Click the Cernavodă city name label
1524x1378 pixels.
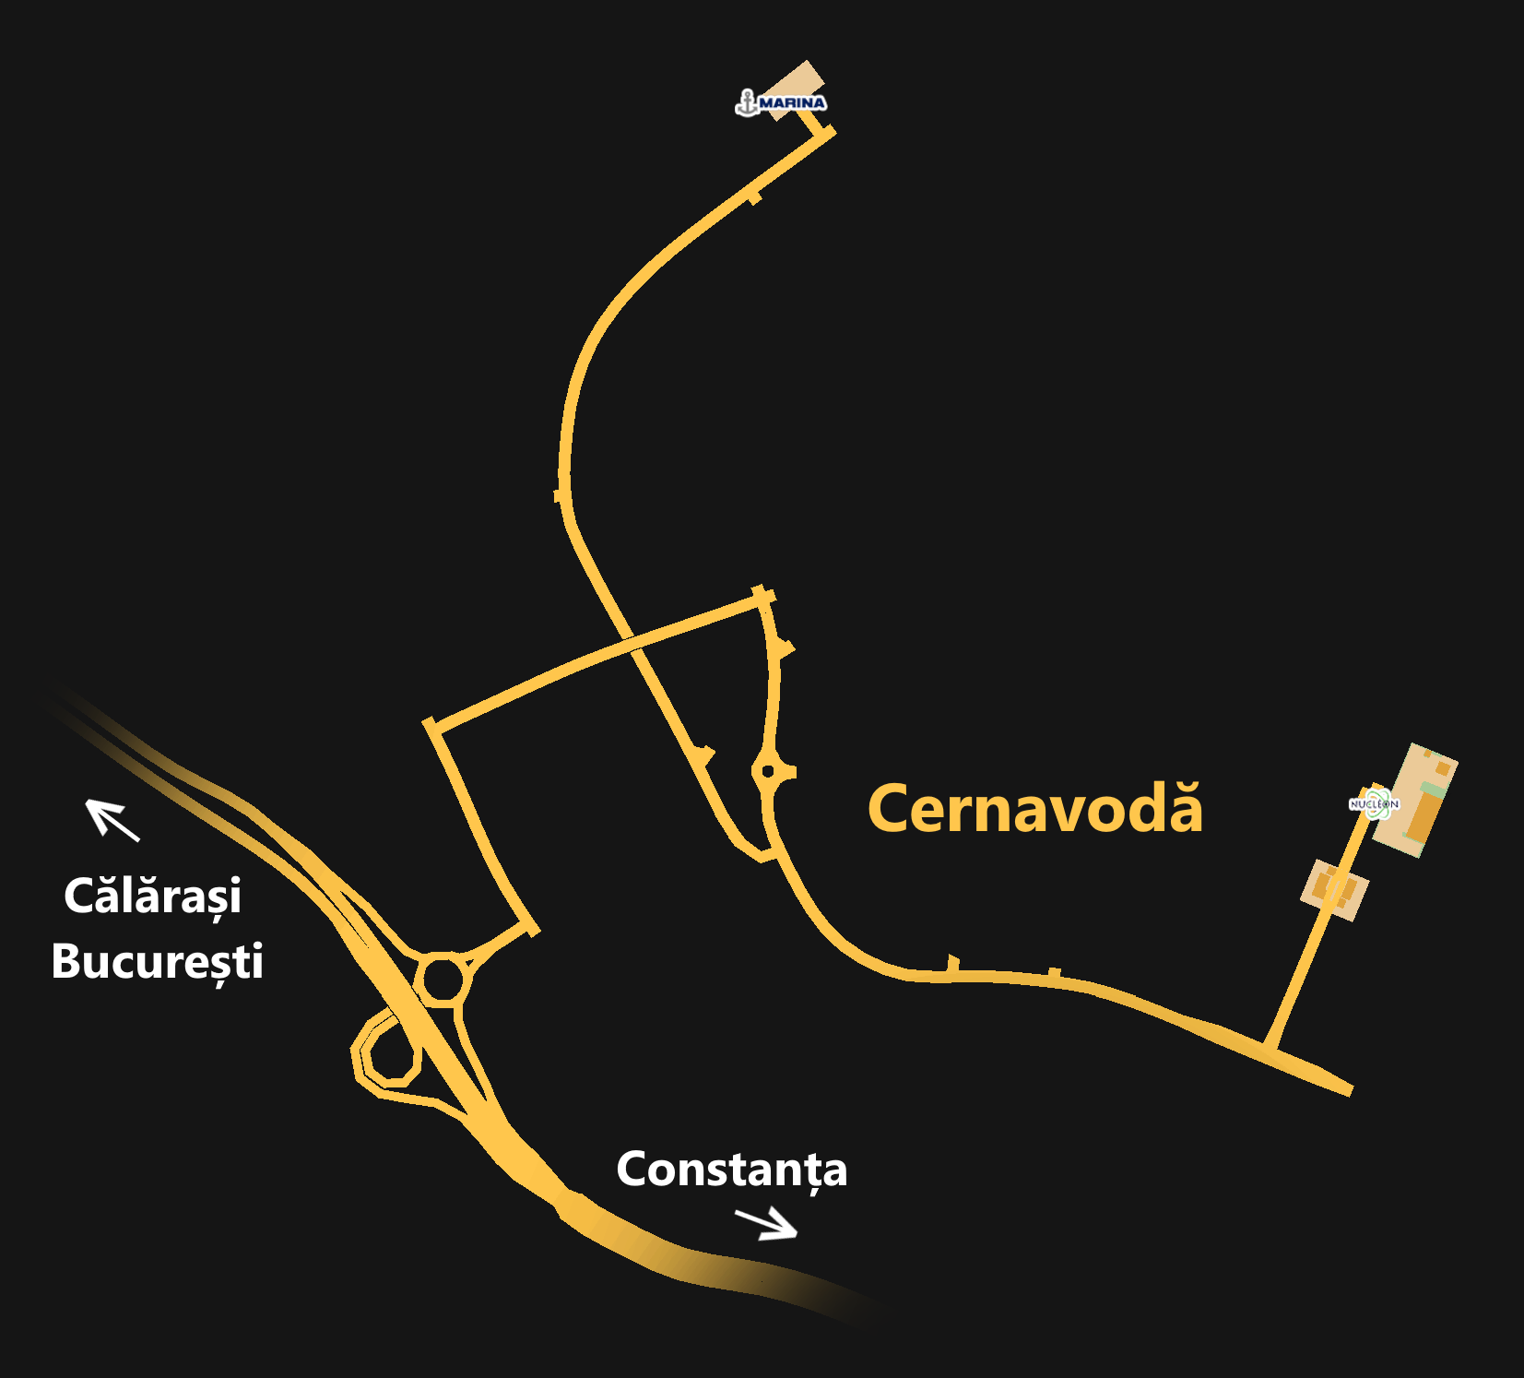[1034, 809]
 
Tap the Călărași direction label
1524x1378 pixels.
[152, 897]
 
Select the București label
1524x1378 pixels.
[157, 961]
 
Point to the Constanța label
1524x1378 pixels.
[731, 1170]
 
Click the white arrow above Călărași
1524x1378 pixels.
[112, 819]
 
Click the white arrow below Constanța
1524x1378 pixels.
[766, 1224]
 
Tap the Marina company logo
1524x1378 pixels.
[781, 102]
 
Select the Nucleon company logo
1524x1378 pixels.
[1374, 804]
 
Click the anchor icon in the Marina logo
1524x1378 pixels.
[747, 102]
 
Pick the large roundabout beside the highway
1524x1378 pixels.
[443, 979]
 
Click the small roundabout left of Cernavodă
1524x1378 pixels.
[768, 770]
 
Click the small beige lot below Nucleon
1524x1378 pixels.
[1334, 889]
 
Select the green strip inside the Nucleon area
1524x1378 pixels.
[1432, 790]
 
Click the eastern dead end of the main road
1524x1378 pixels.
[1348, 1089]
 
